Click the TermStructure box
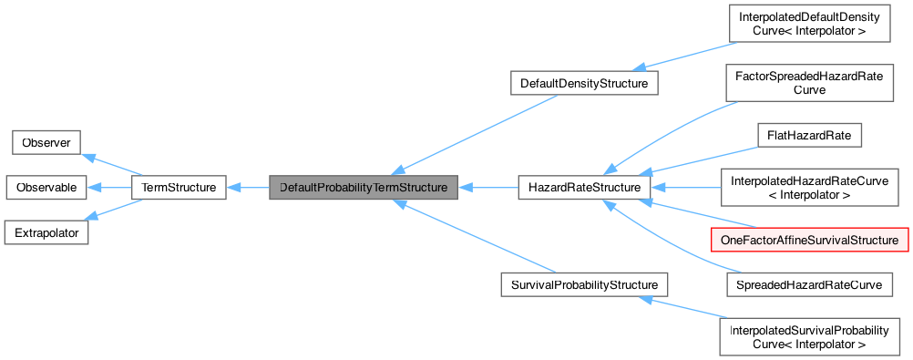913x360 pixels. pyautogui.click(x=179, y=188)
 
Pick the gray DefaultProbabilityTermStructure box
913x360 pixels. pyautogui.click(x=363, y=188)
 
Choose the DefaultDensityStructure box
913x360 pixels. pyautogui.click(x=583, y=84)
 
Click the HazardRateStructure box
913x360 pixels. pyautogui.click(x=583, y=188)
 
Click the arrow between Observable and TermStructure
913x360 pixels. pyautogui.click(x=109, y=188)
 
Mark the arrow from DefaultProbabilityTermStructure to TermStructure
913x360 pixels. pyautogui.click(x=247, y=188)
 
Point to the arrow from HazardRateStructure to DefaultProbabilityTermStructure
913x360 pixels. pyautogui.click(x=487, y=188)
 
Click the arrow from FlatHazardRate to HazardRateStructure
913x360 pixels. pyautogui.click(x=702, y=159)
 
